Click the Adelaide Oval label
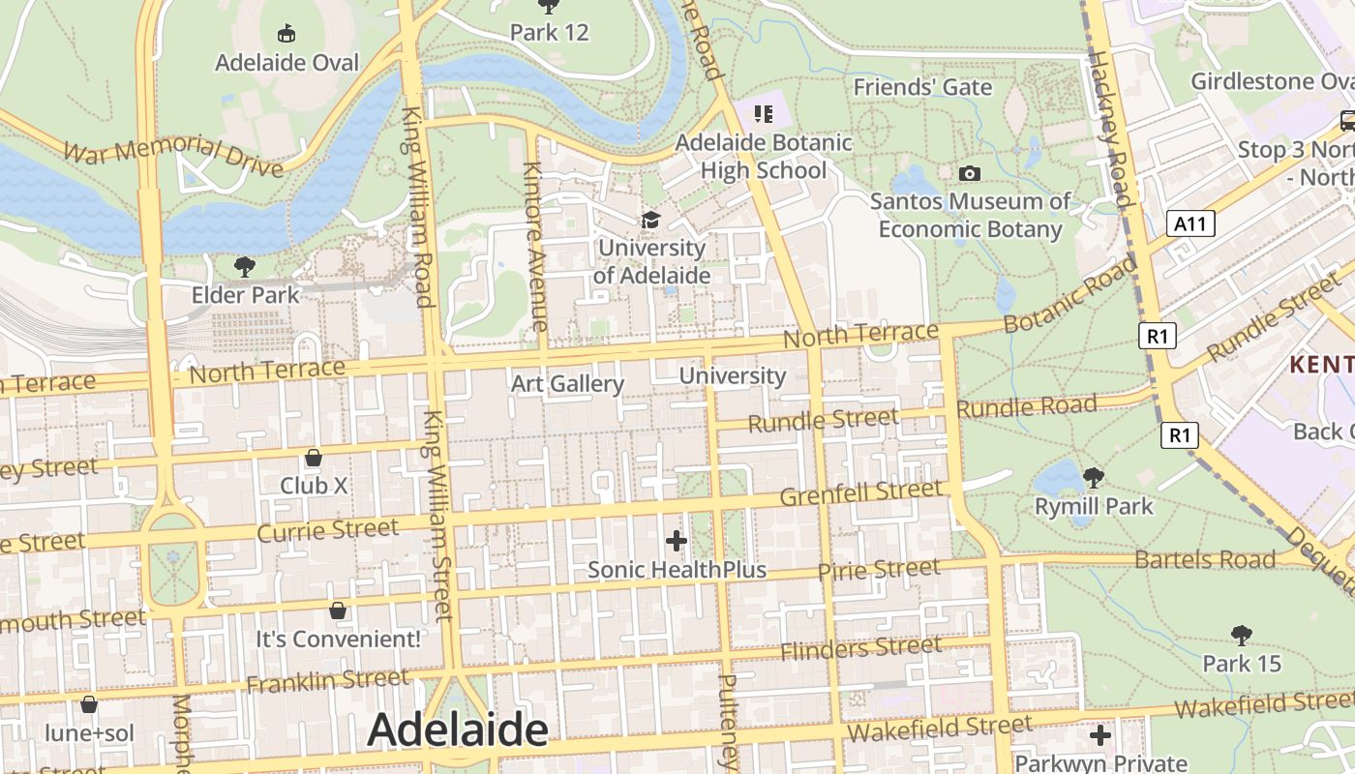pyautogui.click(x=286, y=63)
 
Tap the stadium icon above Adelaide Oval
pyautogui.click(x=286, y=34)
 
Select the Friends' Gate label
pyautogui.click(x=922, y=87)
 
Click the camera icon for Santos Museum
pyautogui.click(x=969, y=173)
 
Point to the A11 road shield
pyautogui.click(x=1189, y=224)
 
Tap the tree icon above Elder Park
pyautogui.click(x=245, y=266)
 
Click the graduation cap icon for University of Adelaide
pyautogui.click(x=650, y=221)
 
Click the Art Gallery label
pyautogui.click(x=567, y=384)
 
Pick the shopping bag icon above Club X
pyautogui.click(x=313, y=457)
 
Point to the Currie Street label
pyautogui.click(x=328, y=530)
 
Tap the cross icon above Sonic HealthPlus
pyautogui.click(x=677, y=540)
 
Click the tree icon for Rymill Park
pyautogui.click(x=1094, y=477)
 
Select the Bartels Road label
pyautogui.click(x=1205, y=559)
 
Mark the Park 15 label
pyautogui.click(x=1242, y=664)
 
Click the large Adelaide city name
pyautogui.click(x=458, y=729)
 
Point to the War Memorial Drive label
pyautogui.click(x=173, y=157)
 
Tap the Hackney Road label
pyautogui.click(x=1110, y=130)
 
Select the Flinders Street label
pyautogui.click(x=861, y=647)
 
